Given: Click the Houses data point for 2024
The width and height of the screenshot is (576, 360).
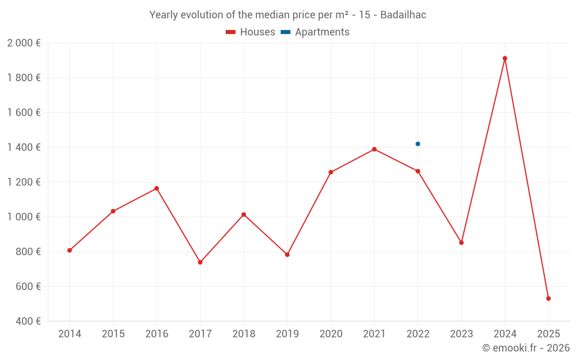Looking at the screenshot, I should (505, 58).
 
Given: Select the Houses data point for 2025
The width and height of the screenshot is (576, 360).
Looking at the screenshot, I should (548, 298).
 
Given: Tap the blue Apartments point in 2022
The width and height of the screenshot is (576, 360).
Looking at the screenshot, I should (418, 144).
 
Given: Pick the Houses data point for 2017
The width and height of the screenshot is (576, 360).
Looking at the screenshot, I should (200, 262).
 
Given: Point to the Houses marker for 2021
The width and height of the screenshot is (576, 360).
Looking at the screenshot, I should (374, 149).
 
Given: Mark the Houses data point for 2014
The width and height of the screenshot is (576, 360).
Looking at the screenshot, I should (69, 250).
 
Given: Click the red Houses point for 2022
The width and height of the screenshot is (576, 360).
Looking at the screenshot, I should (418, 171).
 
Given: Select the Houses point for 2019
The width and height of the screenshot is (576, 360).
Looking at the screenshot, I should (287, 255).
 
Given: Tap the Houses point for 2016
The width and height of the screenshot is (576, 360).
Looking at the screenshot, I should (157, 188).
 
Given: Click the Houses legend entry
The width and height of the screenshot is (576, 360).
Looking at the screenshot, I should (250, 32).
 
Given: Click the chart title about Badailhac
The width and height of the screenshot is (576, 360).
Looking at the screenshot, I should (287, 15).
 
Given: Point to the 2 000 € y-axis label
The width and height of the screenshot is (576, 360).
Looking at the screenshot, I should (24, 43).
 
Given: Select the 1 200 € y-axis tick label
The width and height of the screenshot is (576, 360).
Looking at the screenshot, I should (24, 182).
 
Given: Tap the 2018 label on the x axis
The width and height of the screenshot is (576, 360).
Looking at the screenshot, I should (244, 334).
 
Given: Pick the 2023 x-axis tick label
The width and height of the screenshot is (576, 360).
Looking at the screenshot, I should (461, 334).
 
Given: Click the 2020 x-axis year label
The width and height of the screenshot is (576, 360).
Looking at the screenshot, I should (331, 334).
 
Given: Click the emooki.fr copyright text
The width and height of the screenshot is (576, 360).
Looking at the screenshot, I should (525, 348).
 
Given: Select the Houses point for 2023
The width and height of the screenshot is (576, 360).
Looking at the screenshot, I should (461, 242).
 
